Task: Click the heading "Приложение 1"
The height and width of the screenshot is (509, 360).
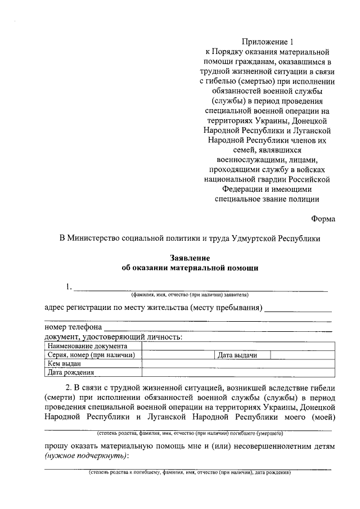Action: tap(268, 41)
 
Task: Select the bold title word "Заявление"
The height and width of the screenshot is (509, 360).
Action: tap(190, 258)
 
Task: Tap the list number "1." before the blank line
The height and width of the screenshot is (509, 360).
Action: tap(69, 287)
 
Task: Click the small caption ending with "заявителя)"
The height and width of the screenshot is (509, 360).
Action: tap(190, 294)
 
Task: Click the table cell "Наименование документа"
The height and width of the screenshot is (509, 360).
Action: tap(88, 346)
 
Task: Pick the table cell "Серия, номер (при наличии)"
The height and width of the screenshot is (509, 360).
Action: tap(93, 355)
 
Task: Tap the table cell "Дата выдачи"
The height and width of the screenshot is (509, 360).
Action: tap(237, 355)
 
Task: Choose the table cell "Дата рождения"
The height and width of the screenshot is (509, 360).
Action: tap(70, 372)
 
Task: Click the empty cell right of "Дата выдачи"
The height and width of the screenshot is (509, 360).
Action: tap(300, 355)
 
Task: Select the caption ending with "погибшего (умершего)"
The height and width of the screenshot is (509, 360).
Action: tap(190, 434)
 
